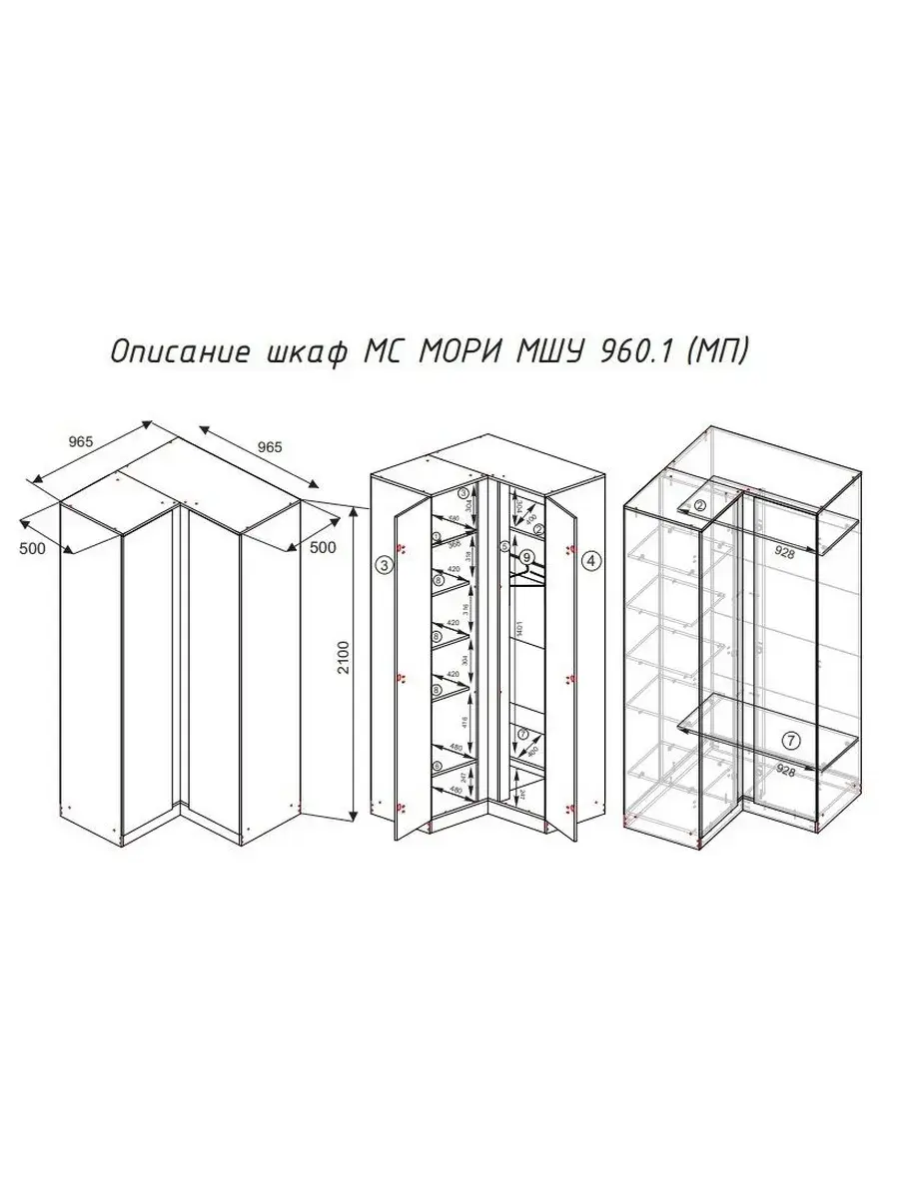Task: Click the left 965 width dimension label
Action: click(x=83, y=441)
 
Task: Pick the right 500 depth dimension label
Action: click(x=321, y=547)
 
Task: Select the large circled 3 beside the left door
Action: click(x=385, y=564)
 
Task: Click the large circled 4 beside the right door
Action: click(x=590, y=561)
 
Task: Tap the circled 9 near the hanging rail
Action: click(x=527, y=558)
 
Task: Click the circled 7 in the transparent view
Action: click(x=790, y=740)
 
